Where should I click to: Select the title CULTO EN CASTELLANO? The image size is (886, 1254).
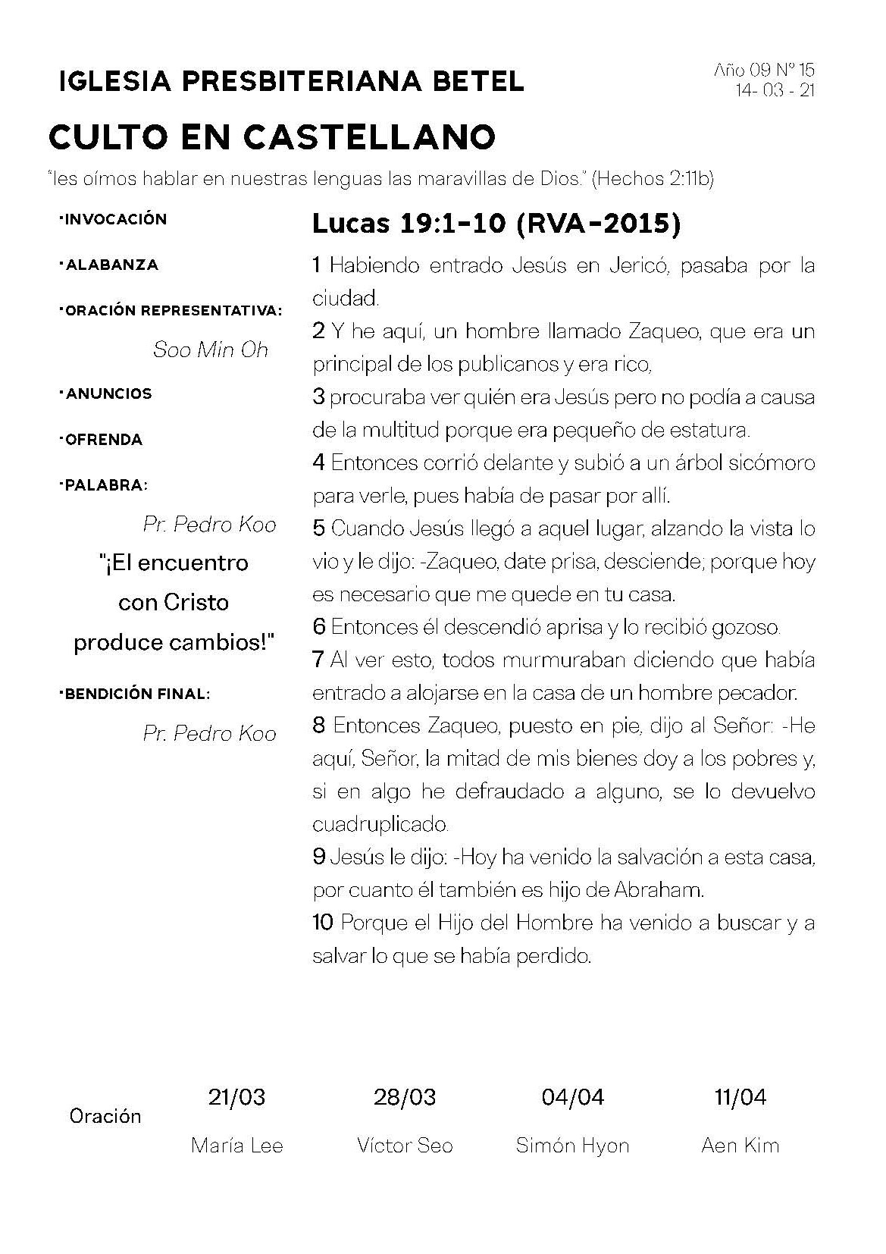point(272,137)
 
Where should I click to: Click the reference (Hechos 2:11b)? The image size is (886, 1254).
point(653,179)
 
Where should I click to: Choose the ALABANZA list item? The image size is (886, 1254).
point(111,265)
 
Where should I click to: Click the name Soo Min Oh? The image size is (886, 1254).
point(211,350)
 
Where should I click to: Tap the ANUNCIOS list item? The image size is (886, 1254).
point(108,393)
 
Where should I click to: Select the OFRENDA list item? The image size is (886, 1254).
point(104,440)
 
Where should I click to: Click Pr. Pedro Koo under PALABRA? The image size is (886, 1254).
point(209,525)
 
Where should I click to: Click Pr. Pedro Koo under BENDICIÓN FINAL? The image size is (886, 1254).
point(209,733)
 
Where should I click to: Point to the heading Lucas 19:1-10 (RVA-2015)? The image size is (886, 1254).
point(496,224)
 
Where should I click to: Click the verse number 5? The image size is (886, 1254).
point(318,528)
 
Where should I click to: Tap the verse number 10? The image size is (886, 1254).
point(323,923)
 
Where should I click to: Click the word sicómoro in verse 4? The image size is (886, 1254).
point(771,462)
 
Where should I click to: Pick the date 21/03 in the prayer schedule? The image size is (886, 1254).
point(236,1096)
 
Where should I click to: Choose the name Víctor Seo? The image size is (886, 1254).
point(405,1145)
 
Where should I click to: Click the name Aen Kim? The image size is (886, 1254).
point(740,1145)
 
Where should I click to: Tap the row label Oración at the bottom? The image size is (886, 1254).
point(105,1116)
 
